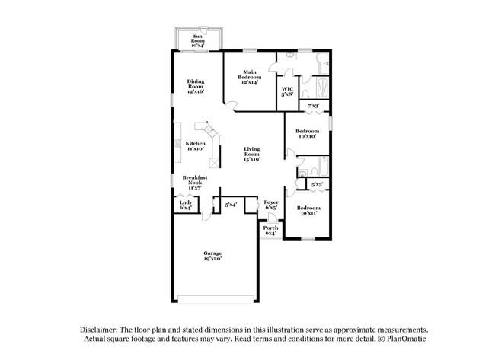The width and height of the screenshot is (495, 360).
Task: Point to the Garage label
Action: tap(212, 255)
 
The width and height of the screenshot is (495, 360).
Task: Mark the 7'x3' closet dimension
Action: tap(313, 105)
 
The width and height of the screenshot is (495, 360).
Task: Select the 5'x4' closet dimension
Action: tap(231, 205)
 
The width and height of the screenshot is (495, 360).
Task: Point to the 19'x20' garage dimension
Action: tap(212, 260)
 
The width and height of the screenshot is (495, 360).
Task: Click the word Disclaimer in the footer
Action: tap(104, 329)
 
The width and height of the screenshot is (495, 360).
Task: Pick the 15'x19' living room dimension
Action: tap(252, 160)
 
